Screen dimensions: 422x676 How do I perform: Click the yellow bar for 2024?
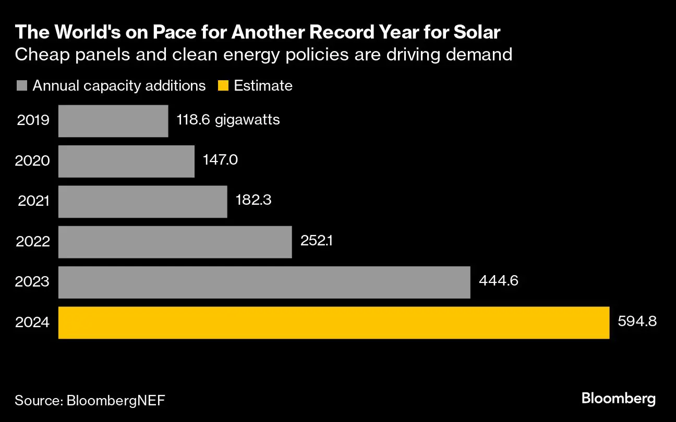click(334, 323)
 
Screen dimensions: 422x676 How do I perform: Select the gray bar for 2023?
click(264, 282)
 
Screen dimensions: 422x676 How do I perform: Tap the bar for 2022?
click(175, 242)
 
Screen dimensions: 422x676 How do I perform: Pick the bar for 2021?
click(142, 202)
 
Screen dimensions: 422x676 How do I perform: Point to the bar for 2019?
click(113, 121)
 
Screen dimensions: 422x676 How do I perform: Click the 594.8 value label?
click(637, 321)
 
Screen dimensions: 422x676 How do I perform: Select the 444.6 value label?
click(498, 281)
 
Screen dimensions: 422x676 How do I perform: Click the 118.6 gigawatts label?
click(228, 119)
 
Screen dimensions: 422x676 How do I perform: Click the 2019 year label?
click(33, 120)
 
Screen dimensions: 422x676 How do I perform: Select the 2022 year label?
click(33, 242)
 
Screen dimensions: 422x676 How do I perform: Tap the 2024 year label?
click(33, 323)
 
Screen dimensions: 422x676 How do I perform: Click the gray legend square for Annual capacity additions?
click(21, 85)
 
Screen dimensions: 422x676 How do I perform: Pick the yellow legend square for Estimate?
click(223, 85)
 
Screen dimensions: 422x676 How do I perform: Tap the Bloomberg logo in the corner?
click(618, 399)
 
